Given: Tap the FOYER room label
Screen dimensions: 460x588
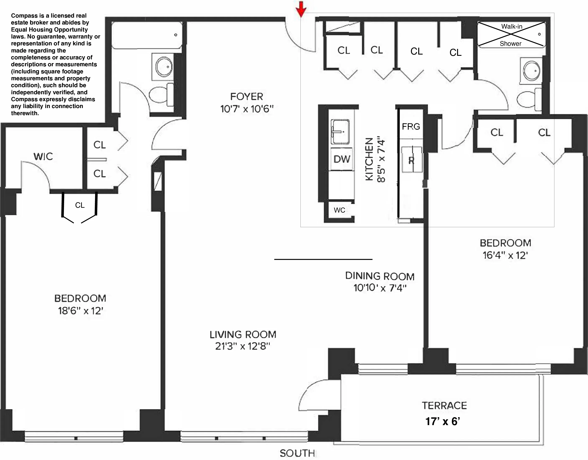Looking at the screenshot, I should (246, 97).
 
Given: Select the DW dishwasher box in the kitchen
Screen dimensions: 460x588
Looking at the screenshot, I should (341, 159).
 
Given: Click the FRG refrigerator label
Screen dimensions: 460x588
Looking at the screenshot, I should (411, 126).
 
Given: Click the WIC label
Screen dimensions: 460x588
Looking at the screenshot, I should (43, 156).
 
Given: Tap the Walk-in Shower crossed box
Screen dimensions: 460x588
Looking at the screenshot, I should (511, 34).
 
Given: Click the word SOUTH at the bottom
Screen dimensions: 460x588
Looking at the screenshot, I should (297, 453).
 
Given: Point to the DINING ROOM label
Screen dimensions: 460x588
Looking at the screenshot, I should (380, 276).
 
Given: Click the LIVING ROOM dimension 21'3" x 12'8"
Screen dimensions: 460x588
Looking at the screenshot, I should (242, 346).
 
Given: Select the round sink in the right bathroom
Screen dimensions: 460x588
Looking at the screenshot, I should (531, 71).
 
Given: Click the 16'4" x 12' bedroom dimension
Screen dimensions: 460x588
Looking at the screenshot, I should (505, 255).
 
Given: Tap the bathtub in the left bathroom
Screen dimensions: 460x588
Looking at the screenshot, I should (147, 35).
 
